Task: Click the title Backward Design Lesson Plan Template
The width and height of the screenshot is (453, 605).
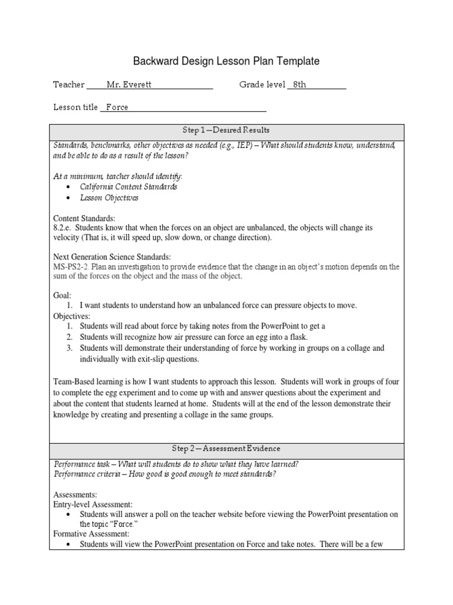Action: [x=226, y=61]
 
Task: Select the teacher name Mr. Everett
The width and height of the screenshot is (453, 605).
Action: [x=129, y=84]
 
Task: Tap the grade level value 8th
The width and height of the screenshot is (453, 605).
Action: [x=299, y=84]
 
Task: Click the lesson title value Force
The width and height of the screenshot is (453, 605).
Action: [x=117, y=108]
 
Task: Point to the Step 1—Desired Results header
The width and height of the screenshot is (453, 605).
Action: [x=227, y=130]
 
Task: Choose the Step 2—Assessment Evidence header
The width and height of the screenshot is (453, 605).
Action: [x=227, y=449]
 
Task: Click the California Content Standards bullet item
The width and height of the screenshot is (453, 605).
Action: [x=128, y=187]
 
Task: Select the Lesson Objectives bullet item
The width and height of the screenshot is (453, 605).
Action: [x=109, y=198]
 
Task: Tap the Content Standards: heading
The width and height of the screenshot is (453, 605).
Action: [x=84, y=218]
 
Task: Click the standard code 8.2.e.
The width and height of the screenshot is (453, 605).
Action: [x=64, y=227]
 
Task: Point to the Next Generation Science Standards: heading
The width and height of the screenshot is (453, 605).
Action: [x=112, y=257]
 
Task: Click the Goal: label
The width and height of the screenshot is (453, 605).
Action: [x=62, y=295]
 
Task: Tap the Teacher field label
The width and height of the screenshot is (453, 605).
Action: [x=68, y=84]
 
